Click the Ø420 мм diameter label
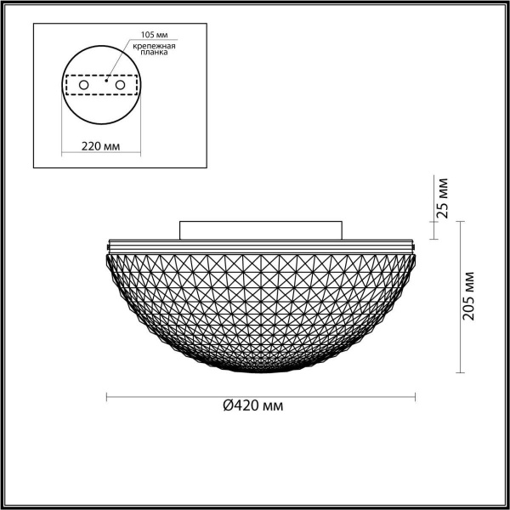[x=252, y=406]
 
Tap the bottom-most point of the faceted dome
[x=260, y=372]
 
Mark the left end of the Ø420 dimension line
[x=105, y=395]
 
